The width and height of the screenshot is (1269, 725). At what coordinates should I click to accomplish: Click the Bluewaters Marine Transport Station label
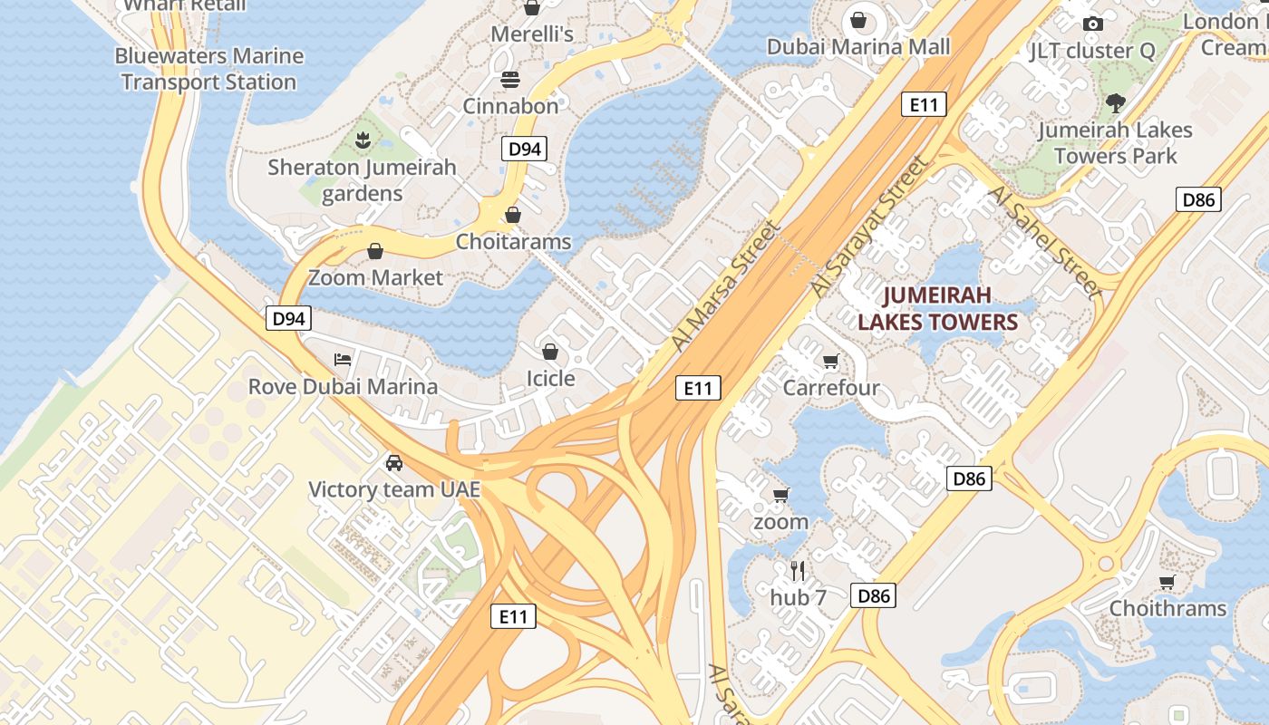pos(208,69)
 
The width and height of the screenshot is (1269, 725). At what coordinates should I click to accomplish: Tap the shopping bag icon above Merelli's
pos(532,8)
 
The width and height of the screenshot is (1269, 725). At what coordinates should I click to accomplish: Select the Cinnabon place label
pos(511,106)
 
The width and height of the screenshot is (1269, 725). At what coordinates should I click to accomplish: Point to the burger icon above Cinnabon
pos(510,80)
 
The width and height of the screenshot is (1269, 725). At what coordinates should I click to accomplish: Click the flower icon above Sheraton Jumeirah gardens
pos(363,140)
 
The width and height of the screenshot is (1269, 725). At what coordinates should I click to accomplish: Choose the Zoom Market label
pos(375,277)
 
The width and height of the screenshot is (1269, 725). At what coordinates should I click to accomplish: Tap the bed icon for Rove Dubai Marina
pos(343,360)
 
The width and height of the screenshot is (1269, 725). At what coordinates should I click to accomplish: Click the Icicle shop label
pos(551,378)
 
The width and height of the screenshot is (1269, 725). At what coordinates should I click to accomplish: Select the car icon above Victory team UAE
pos(394,463)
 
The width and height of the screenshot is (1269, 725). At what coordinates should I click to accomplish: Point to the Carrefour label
pos(831,388)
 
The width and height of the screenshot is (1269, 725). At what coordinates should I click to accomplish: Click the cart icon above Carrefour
pos(830,362)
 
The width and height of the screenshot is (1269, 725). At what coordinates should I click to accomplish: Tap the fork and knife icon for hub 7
pos(798,571)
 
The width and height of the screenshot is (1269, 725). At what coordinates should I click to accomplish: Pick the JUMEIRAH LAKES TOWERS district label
pos(937,308)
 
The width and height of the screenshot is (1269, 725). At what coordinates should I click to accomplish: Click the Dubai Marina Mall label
pos(858,46)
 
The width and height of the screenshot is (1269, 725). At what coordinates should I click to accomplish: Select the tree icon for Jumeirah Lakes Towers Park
pos(1115,103)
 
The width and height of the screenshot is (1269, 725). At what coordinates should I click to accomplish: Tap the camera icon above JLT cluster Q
pos(1093,24)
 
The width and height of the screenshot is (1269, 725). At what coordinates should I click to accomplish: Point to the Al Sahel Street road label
pos(1044,242)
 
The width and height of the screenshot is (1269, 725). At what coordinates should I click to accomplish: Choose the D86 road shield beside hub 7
pos(874,595)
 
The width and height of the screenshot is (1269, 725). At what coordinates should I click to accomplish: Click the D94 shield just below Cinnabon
pos(525,150)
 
